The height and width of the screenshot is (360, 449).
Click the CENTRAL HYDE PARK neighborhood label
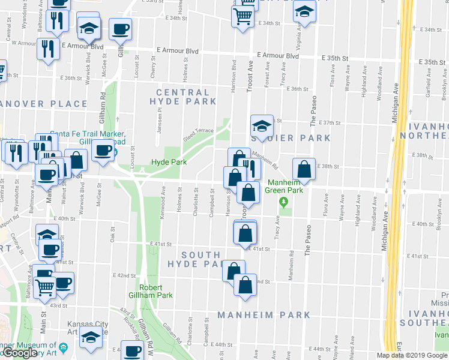pos(183,97)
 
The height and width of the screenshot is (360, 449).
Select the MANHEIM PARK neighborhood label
pos(264,315)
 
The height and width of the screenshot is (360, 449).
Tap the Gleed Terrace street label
pos(198,135)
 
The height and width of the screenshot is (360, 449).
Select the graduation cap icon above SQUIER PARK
pos(262,127)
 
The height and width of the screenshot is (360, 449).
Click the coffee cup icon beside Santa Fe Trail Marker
pos(103,150)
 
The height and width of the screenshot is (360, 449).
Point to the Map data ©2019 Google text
pos(411,355)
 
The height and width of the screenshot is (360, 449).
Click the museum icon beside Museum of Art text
pos(63,346)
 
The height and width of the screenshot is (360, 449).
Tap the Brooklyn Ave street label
pos(444,82)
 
